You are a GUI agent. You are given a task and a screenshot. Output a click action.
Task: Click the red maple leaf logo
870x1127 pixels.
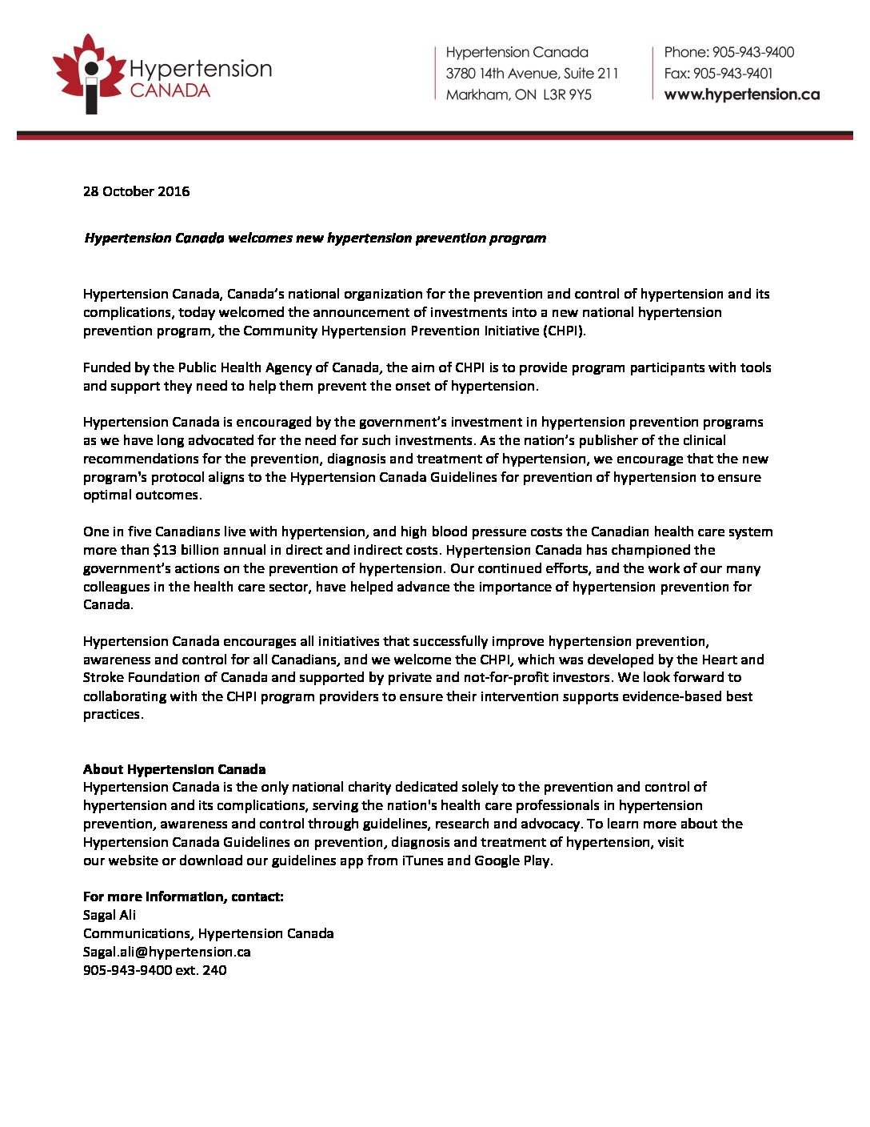pyautogui.click(x=89, y=73)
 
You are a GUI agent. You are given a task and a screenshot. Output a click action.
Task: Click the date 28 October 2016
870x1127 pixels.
pyautogui.click(x=137, y=191)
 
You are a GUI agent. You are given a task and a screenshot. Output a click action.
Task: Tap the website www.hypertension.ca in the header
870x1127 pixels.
pyautogui.click(x=741, y=94)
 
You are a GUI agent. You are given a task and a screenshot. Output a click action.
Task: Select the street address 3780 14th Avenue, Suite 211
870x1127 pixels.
pyautogui.click(x=532, y=74)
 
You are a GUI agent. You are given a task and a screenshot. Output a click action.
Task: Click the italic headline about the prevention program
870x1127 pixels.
pyautogui.click(x=315, y=239)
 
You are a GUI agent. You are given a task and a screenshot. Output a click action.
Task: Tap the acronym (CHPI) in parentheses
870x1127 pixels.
pyautogui.click(x=565, y=331)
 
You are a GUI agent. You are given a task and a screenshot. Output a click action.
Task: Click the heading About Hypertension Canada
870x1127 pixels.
pyautogui.click(x=174, y=769)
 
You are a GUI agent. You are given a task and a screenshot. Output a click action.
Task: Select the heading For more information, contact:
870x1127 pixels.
pyautogui.click(x=183, y=896)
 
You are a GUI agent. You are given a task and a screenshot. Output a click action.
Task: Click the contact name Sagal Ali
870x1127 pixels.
pyautogui.click(x=110, y=915)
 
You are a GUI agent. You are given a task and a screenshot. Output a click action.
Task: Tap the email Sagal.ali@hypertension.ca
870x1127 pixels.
pyautogui.click(x=167, y=952)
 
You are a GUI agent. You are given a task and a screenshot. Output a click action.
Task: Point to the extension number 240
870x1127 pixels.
pyautogui.click(x=214, y=970)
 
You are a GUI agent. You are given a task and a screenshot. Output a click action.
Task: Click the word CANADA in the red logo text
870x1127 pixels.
pyautogui.click(x=170, y=91)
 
